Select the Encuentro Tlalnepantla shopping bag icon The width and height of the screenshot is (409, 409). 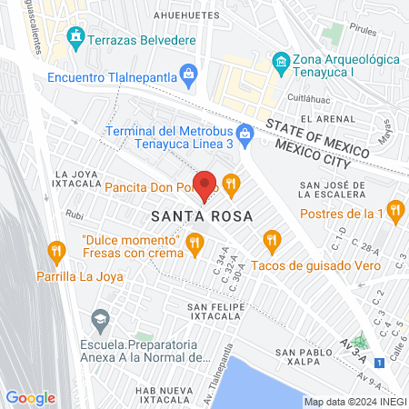coord(189,75)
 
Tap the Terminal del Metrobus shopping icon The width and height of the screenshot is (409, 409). coord(245,133)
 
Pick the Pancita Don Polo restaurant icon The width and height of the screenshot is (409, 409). coord(232,185)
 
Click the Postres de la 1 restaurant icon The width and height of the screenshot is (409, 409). coord(394,212)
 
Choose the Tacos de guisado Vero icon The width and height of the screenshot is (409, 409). coord(271,241)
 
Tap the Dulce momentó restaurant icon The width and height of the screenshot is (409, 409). coord(195,242)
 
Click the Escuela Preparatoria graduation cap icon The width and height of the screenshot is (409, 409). coord(98,319)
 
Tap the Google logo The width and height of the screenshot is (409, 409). coord(30,397)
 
